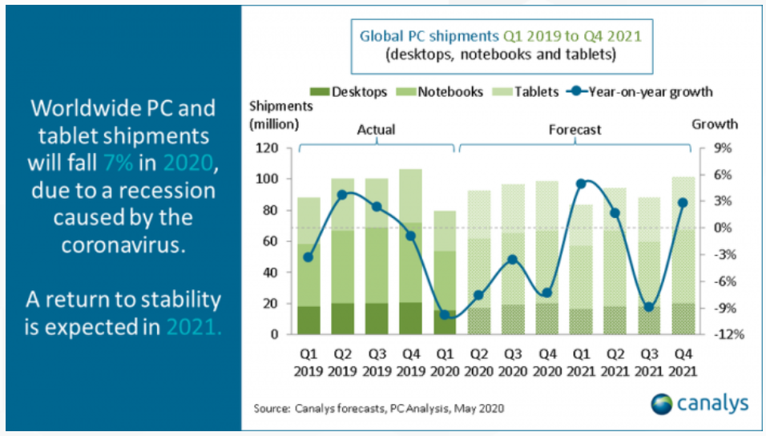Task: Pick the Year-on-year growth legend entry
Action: pyautogui.click(x=638, y=91)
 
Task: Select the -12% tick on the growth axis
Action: pyautogui.click(x=716, y=334)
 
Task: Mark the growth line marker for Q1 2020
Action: pyautogui.click(x=444, y=315)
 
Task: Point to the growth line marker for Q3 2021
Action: pyautogui.click(x=649, y=307)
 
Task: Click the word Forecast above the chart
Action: pyautogui.click(x=574, y=129)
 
